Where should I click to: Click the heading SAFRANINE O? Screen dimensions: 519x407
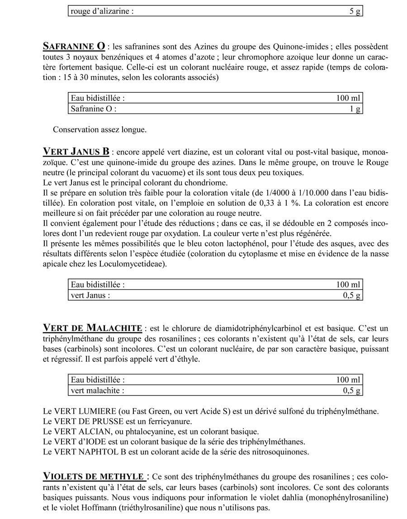[74, 47]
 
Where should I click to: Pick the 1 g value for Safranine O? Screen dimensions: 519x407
[356, 109]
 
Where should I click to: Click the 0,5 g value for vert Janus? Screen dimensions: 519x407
[351, 296]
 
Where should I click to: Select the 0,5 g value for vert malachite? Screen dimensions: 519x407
[351, 390]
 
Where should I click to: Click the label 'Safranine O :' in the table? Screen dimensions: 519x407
[94, 109]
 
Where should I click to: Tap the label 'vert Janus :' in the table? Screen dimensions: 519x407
[90, 296]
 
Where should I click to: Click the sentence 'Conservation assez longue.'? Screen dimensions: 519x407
[99, 130]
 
